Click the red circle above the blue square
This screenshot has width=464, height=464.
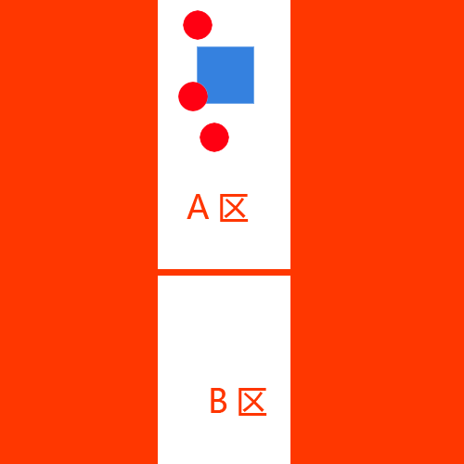(198, 25)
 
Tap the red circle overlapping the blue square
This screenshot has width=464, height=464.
(193, 97)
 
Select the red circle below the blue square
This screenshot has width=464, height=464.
(214, 137)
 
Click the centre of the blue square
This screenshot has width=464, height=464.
(226, 75)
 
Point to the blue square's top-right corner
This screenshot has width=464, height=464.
(254, 47)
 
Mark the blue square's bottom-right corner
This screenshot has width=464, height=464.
(254, 103)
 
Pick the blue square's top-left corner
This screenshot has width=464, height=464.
(198, 47)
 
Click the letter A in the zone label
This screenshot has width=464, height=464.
(198, 207)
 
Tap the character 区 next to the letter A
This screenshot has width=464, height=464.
(234, 208)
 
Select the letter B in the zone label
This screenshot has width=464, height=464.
(218, 401)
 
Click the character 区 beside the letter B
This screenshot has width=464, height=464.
(252, 402)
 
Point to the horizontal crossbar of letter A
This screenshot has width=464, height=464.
(198, 212)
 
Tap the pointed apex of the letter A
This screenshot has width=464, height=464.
(198, 195)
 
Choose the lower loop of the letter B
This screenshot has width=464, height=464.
(220, 406)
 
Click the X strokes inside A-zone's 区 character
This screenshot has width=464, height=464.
(235, 208)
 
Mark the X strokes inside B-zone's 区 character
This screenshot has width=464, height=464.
(253, 402)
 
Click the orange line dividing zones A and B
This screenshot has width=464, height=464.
(224, 272)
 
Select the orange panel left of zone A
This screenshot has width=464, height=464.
(79, 232)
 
